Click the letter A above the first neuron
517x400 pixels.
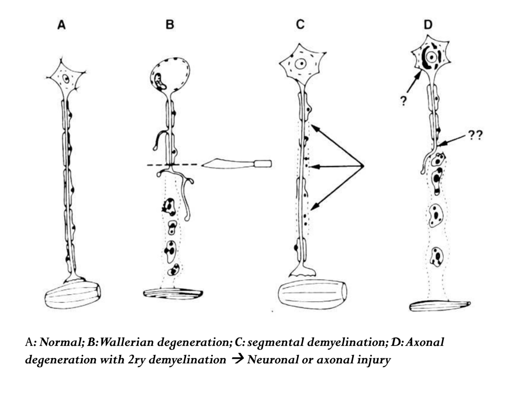coord(61,25)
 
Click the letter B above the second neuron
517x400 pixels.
coord(170,25)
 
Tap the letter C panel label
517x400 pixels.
coord(300,24)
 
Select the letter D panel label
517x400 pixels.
coord(427,25)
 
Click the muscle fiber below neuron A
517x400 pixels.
coord(73,294)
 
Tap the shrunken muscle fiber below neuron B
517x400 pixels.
coord(173,293)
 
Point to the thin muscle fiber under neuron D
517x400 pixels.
coord(440,306)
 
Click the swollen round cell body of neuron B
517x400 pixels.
coord(171,76)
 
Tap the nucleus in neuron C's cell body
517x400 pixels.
coord(301,64)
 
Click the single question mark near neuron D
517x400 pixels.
coord(403,102)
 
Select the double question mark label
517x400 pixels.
coord(475,135)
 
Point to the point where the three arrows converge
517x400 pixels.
coord(364,166)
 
